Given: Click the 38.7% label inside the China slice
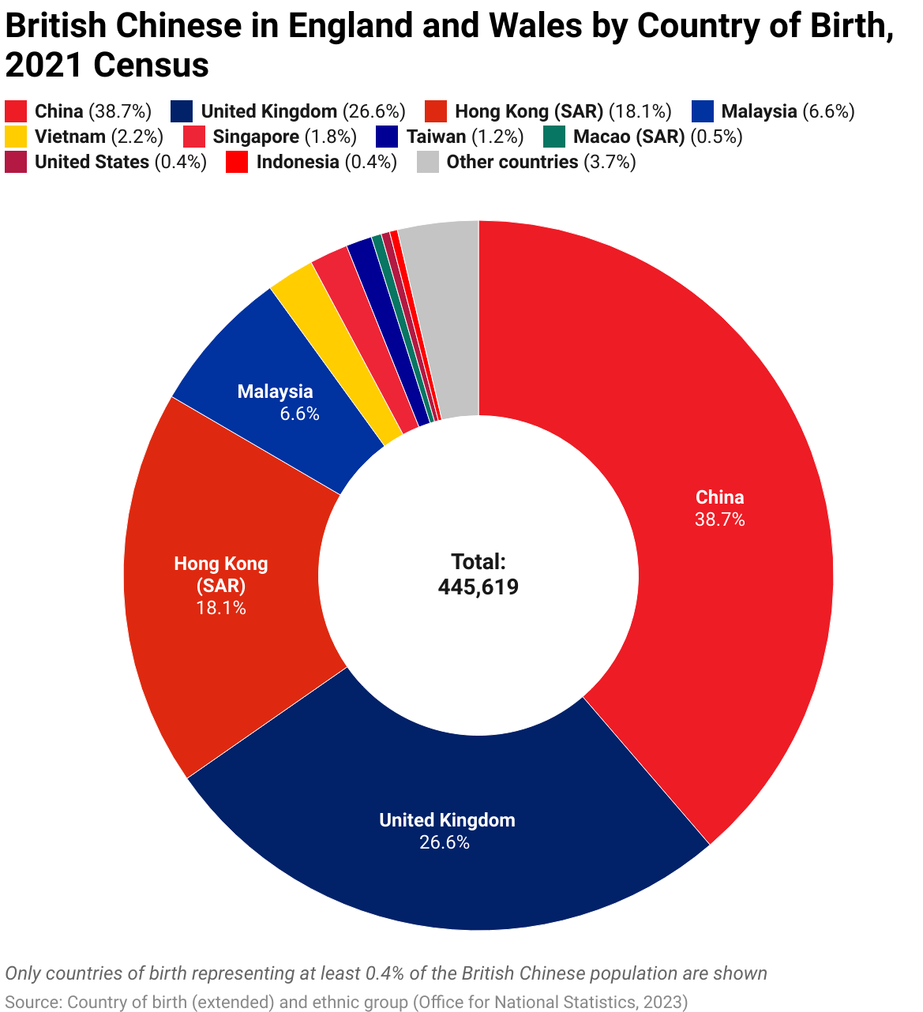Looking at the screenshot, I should click(719, 519).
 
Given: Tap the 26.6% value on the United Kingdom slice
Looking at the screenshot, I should click(445, 842).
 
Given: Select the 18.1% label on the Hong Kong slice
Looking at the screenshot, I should click(221, 608).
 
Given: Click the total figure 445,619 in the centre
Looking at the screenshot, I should click(478, 587).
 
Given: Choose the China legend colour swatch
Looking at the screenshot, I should click(16, 111).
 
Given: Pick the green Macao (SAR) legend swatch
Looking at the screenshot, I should click(554, 137).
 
